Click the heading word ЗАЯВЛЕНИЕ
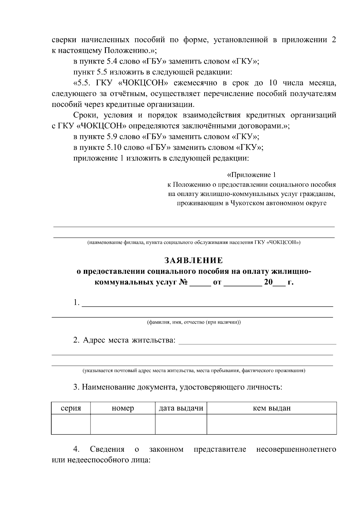click(x=194, y=260)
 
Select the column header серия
click(x=71, y=408)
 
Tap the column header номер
click(x=123, y=408)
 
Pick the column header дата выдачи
click(x=181, y=408)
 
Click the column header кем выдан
click(x=271, y=408)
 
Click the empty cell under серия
click(x=71, y=424)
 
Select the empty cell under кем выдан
click(x=271, y=424)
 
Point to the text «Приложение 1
click(x=252, y=175)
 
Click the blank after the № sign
click(x=200, y=283)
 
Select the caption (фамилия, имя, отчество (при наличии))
click(x=194, y=322)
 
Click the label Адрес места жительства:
click(x=124, y=340)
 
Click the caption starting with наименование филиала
click(x=194, y=242)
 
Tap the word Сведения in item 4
click(x=107, y=449)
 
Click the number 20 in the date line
click(x=268, y=283)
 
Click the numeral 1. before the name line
click(x=76, y=302)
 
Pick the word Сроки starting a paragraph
click(x=84, y=115)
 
